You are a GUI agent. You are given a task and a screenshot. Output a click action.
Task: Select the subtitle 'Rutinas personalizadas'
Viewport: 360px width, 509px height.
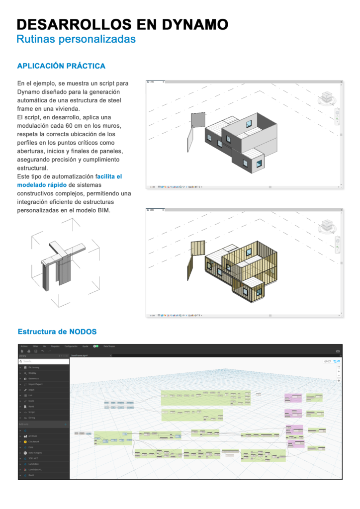[76, 39]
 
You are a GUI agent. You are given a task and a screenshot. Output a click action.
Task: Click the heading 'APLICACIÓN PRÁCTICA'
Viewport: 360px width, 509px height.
[61, 66]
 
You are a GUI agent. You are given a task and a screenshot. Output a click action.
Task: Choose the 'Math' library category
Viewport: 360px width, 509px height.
[31, 401]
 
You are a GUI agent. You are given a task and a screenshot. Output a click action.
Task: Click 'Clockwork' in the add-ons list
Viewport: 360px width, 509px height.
[34, 441]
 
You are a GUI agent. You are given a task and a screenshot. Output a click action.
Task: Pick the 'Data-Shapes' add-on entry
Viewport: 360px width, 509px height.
[35, 453]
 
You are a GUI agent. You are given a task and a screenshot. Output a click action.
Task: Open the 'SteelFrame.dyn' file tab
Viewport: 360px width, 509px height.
[80, 355]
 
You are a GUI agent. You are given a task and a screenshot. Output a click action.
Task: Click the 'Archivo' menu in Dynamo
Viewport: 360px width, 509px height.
[24, 346]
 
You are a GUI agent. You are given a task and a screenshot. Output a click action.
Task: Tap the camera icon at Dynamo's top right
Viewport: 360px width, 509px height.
[338, 351]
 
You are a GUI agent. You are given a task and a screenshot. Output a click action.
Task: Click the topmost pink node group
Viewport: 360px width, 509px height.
[293, 398]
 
